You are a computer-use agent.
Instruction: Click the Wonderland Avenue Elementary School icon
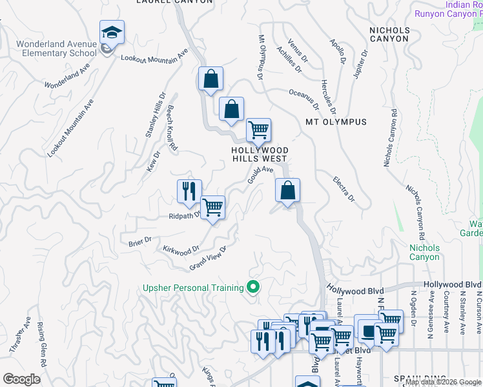click(112, 33)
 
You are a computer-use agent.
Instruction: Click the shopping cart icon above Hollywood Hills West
click(258, 130)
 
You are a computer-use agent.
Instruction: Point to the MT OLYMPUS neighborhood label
click(336, 122)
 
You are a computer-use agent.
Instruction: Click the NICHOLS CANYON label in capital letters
click(389, 34)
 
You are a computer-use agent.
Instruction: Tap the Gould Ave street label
click(260, 175)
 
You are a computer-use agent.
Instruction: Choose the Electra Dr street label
click(344, 189)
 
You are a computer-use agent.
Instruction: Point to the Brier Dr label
click(139, 241)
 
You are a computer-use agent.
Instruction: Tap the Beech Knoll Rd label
click(172, 128)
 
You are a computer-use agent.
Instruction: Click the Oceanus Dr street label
click(303, 97)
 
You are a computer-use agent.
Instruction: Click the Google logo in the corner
click(21, 379)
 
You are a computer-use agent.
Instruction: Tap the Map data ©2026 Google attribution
click(443, 382)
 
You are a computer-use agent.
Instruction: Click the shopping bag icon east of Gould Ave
click(288, 190)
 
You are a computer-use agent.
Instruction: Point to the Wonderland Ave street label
click(67, 75)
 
